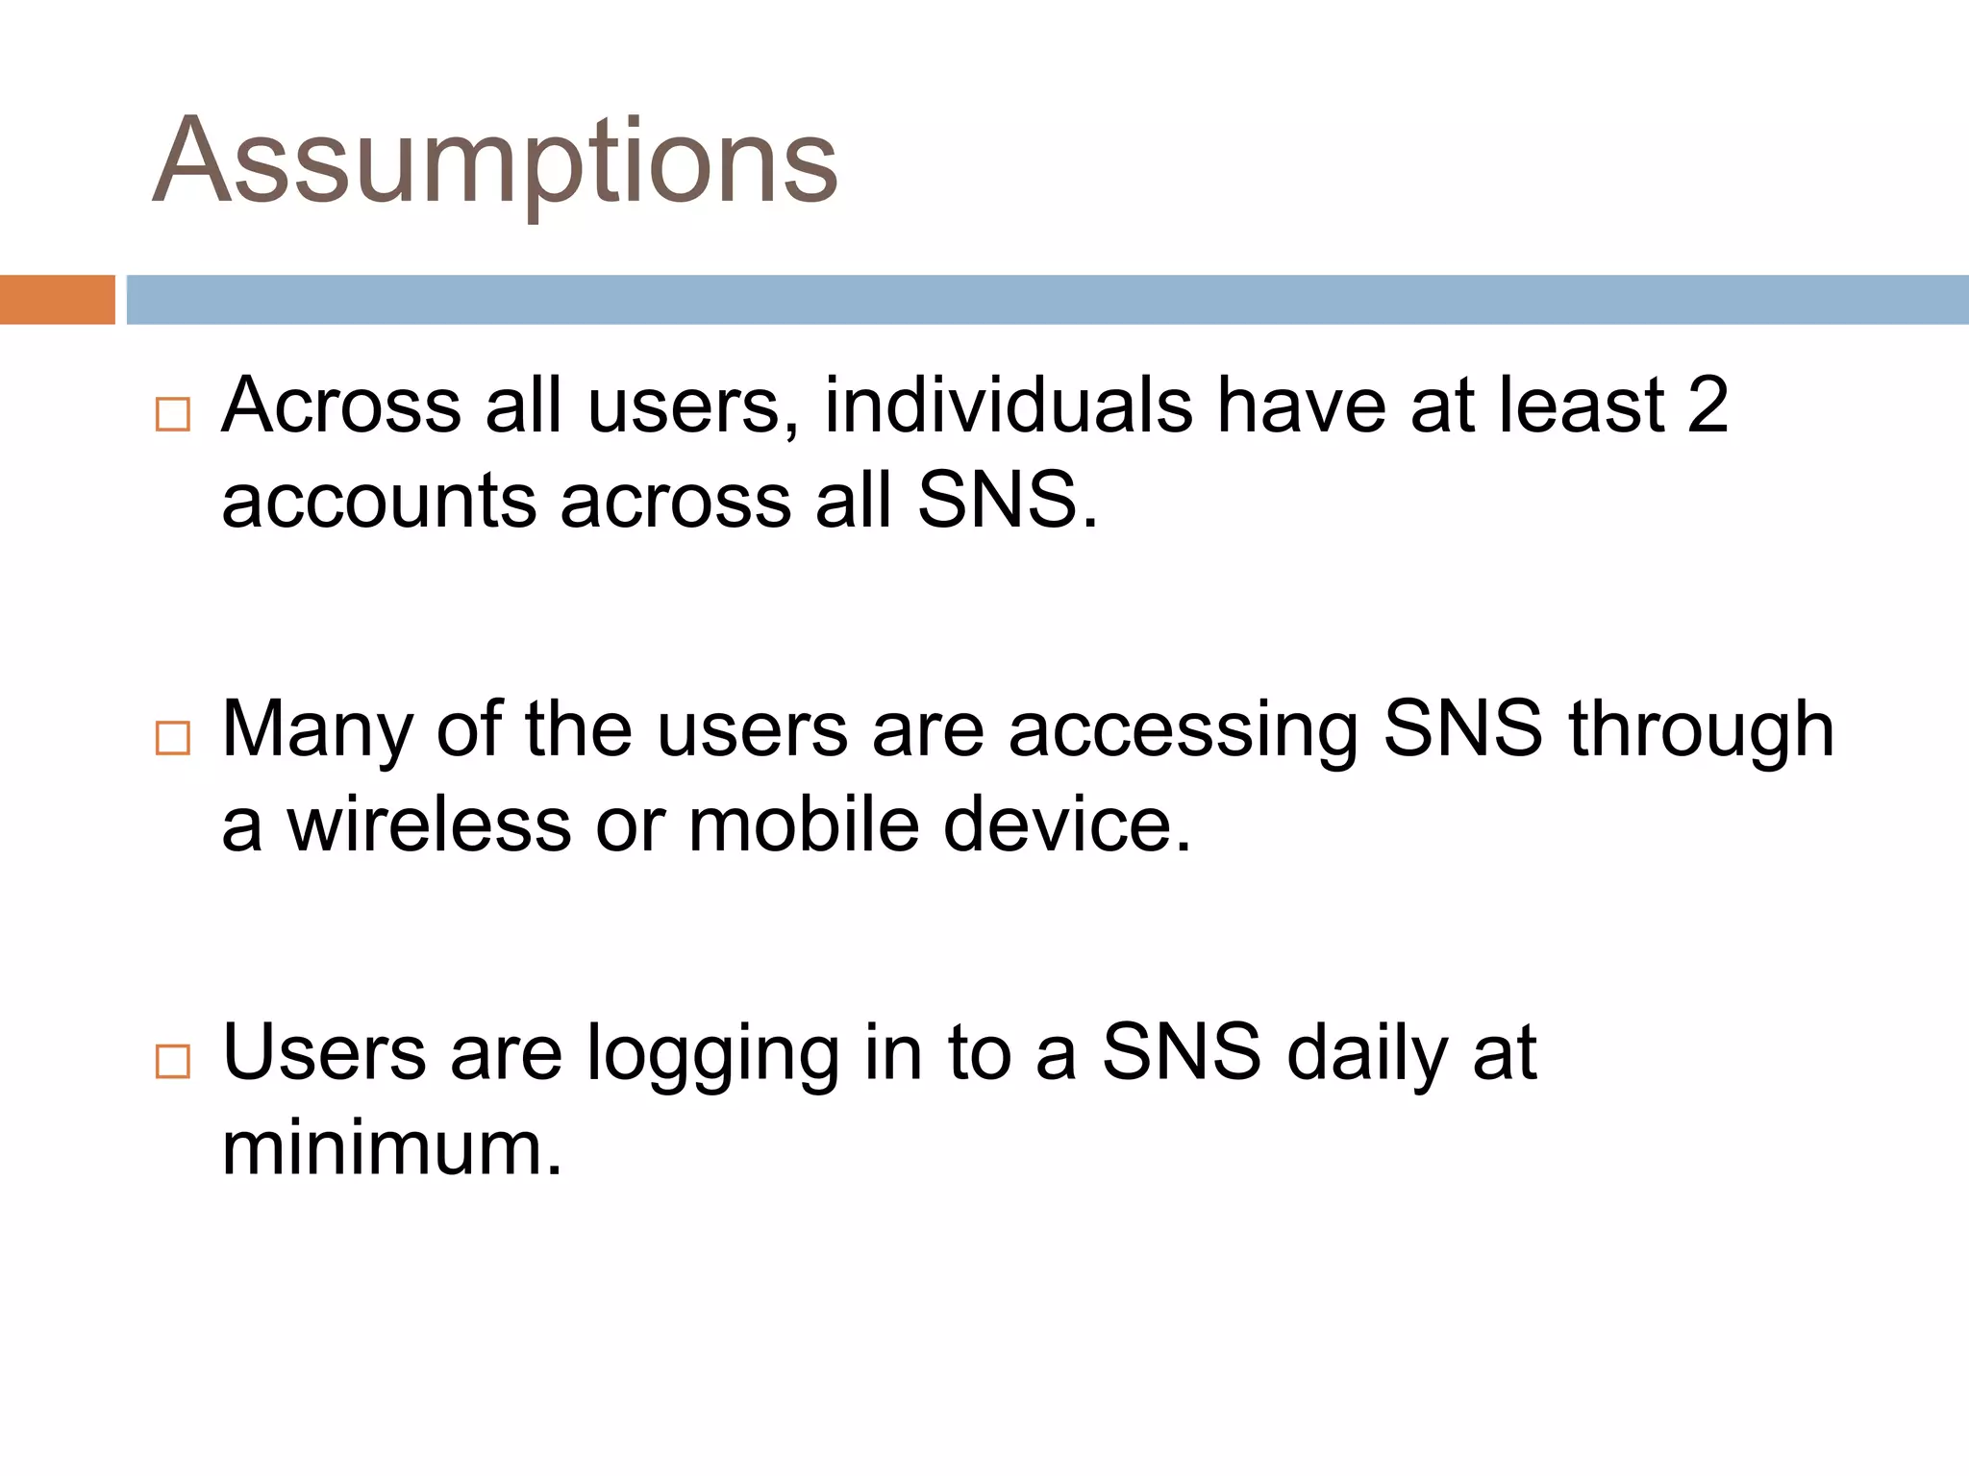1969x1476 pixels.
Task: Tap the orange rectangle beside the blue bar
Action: pos(57,300)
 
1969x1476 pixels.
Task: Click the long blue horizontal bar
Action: pos(1046,300)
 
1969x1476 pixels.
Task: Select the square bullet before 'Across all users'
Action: pos(172,414)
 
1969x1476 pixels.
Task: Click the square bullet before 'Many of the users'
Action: pos(172,738)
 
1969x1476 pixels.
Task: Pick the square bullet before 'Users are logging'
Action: pos(172,1061)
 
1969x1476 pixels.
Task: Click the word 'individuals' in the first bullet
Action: pos(1009,406)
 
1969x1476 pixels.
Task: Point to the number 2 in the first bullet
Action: pos(1707,406)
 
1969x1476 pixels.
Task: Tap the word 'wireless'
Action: pos(429,825)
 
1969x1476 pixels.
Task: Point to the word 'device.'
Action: pos(1067,825)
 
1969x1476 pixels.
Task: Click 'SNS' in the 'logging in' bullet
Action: pos(1182,1053)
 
